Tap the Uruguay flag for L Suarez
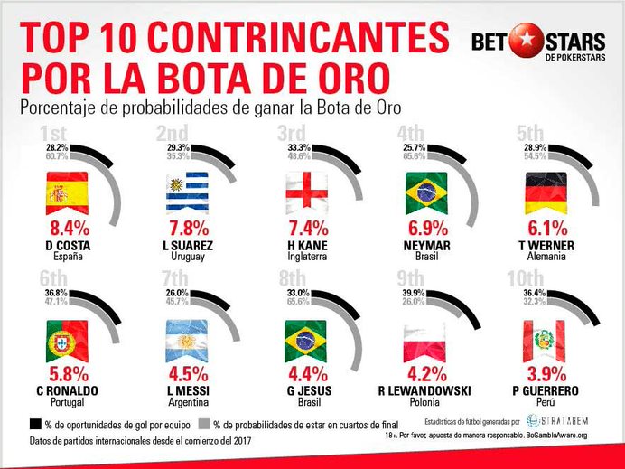click(188, 193)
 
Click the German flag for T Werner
click(546, 193)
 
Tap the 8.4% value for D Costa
click(66, 228)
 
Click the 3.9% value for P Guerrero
click(546, 375)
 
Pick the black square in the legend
click(36, 423)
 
